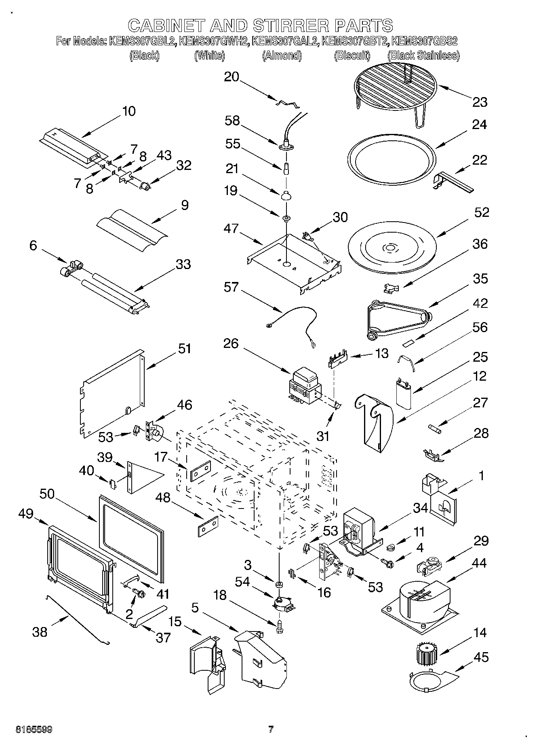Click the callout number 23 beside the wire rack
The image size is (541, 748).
point(480,102)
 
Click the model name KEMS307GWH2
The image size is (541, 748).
point(213,41)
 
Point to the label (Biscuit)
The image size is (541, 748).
point(352,55)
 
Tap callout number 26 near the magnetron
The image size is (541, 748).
point(231,343)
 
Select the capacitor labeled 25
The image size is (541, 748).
point(404,392)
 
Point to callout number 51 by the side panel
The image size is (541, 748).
point(184,348)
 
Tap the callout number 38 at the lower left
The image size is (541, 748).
point(40,631)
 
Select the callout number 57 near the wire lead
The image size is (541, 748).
point(232,287)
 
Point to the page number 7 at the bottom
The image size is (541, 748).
point(271,729)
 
